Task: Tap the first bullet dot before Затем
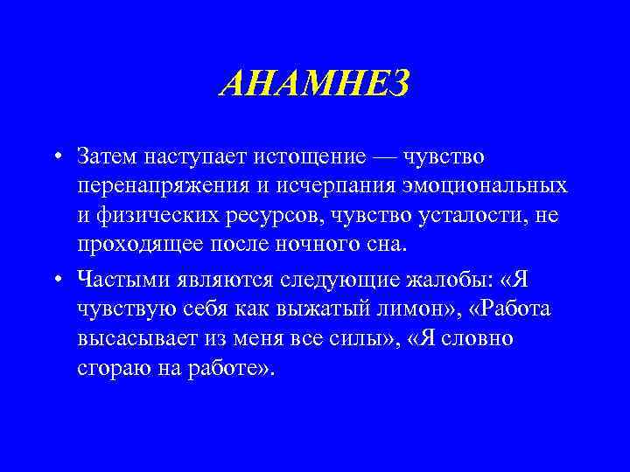point(55,158)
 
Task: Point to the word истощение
point(316,158)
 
